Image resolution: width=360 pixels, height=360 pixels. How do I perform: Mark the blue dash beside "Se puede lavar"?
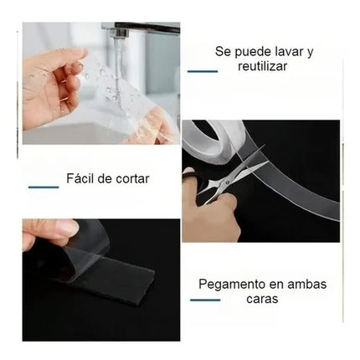tap(203, 71)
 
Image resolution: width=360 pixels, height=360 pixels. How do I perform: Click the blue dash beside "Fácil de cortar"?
tap(43, 187)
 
